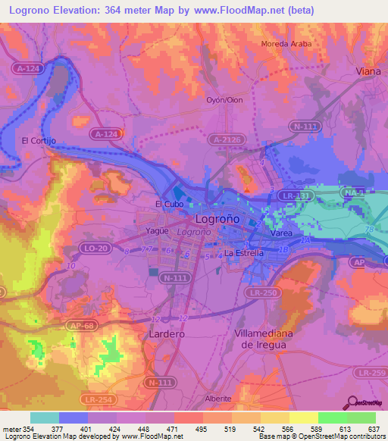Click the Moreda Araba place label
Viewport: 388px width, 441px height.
286,44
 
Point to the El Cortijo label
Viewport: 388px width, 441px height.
39,140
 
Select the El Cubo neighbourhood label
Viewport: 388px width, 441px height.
169,204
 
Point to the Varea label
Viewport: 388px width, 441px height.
282,234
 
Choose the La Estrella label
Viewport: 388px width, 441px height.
244,252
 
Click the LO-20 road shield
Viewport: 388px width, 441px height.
95,249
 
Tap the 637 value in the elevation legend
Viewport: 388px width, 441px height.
374,430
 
